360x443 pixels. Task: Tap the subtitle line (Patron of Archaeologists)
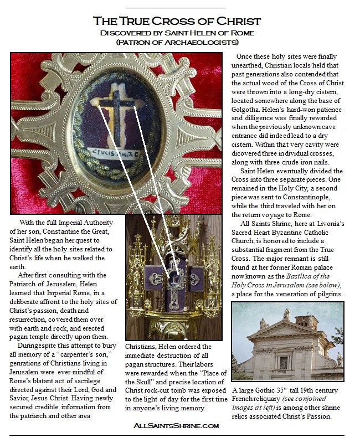pyautogui.click(x=177, y=42)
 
